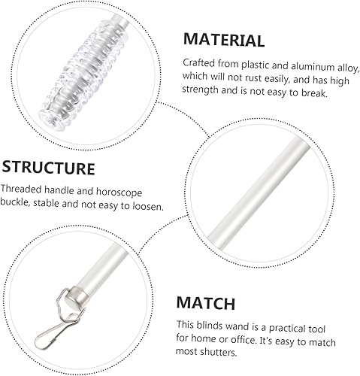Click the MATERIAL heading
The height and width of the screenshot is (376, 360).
pos(224,40)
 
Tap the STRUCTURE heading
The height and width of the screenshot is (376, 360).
pos(49,168)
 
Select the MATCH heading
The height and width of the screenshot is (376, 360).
pos(206,303)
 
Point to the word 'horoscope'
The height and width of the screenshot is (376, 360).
pos(119,193)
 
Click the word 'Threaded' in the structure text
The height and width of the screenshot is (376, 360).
pos(21,189)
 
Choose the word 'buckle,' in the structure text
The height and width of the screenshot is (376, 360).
pos(15,202)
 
